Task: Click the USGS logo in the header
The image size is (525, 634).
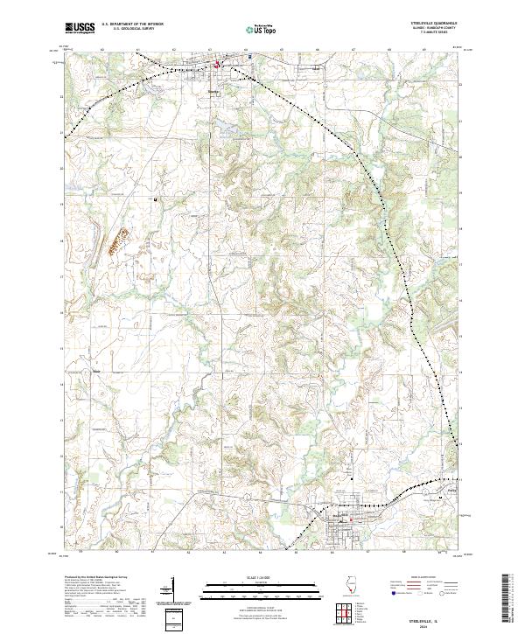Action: pos(80,29)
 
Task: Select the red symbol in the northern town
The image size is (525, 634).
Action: pos(217,63)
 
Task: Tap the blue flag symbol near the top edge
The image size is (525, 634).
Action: pos(248,57)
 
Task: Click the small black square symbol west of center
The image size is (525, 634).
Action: pos(156,199)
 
